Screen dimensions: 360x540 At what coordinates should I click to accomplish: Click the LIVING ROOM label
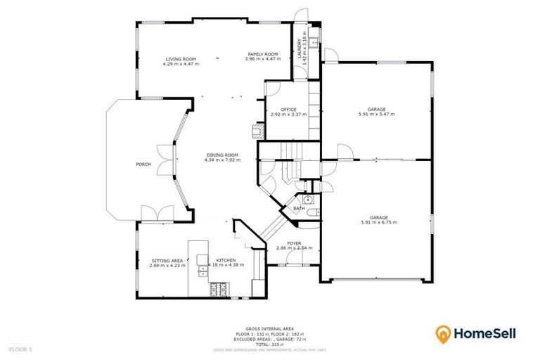tap(181, 59)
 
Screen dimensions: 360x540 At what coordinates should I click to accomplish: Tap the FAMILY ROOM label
tap(262, 54)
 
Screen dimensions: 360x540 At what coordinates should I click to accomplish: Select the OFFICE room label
tap(288, 110)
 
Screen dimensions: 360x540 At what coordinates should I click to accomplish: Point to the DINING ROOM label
tap(222, 155)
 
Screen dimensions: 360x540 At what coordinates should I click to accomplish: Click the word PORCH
tap(143, 165)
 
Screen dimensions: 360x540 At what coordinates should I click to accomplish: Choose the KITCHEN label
tap(226, 260)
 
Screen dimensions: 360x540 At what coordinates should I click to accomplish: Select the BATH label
tap(299, 208)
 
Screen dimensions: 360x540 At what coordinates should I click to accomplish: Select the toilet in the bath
tap(314, 212)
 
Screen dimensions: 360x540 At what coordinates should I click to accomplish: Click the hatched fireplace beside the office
tap(257, 129)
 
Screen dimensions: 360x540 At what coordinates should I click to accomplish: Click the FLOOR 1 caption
tap(20, 349)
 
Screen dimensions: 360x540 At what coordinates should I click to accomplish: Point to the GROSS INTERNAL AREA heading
tap(270, 328)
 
